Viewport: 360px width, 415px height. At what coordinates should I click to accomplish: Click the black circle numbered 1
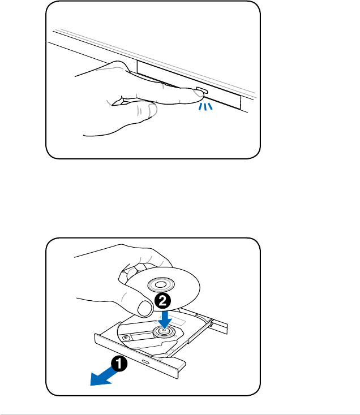(x=119, y=364)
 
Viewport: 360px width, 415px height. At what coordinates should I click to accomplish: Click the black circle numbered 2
(x=162, y=301)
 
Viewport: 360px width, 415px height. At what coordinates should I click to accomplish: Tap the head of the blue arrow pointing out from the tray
(x=99, y=379)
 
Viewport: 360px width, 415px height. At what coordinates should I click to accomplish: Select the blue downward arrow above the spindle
(x=165, y=319)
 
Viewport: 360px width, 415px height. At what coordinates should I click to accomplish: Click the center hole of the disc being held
(x=160, y=285)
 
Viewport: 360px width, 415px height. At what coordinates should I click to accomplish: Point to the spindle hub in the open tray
(x=164, y=331)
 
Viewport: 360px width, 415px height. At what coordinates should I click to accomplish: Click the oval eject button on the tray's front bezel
(x=145, y=361)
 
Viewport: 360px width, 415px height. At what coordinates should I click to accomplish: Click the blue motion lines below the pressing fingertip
(x=205, y=107)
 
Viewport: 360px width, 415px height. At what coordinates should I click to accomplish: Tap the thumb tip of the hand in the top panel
(x=152, y=110)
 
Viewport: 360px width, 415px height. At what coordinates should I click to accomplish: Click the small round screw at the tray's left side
(x=126, y=338)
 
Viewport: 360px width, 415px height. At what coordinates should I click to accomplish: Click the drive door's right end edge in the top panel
(x=241, y=102)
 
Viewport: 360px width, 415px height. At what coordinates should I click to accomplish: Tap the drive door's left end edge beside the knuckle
(x=138, y=67)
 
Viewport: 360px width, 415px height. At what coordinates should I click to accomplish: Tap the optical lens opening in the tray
(x=144, y=336)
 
